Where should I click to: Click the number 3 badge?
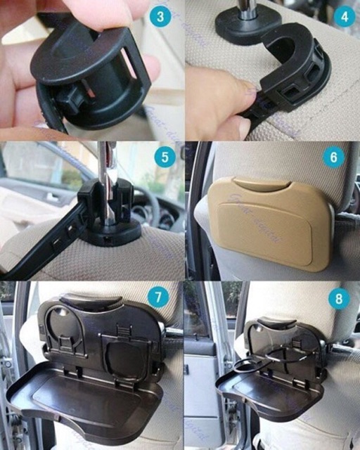click(x=161, y=16)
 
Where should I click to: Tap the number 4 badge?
click(x=343, y=16)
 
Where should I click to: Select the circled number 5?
click(x=164, y=156)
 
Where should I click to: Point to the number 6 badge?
click(x=333, y=157)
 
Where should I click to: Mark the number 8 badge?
click(x=338, y=299)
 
